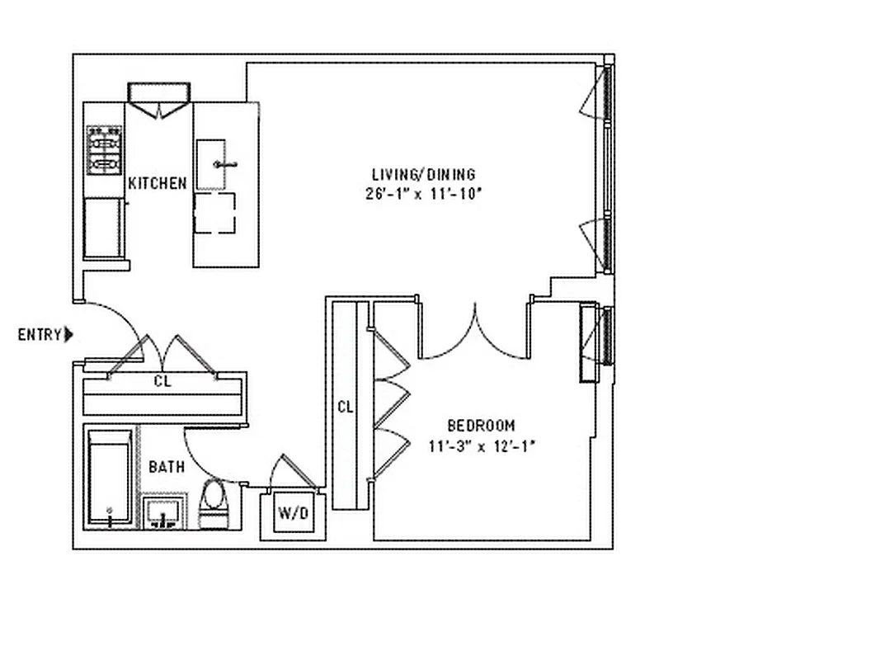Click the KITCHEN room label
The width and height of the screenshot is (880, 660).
tap(157, 183)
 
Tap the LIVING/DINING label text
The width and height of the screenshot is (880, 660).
tap(423, 175)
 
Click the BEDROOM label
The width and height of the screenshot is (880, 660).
tap(481, 426)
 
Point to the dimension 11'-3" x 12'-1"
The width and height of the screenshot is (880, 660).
tap(482, 446)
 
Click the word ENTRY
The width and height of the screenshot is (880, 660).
tap(39, 335)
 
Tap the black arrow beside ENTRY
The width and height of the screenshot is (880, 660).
tap(69, 335)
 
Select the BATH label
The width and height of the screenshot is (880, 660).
tap(166, 467)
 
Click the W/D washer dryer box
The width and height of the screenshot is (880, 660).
tap(292, 513)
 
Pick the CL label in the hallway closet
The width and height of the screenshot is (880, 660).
tap(163, 381)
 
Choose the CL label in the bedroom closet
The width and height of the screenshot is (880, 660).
tap(345, 407)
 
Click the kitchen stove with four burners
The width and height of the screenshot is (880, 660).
tap(105, 150)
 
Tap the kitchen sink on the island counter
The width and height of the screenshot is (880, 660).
tap(212, 164)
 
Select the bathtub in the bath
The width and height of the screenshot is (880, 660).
tap(110, 478)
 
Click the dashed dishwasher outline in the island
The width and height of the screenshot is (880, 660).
tap(214, 214)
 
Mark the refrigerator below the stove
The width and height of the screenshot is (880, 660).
tap(104, 227)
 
